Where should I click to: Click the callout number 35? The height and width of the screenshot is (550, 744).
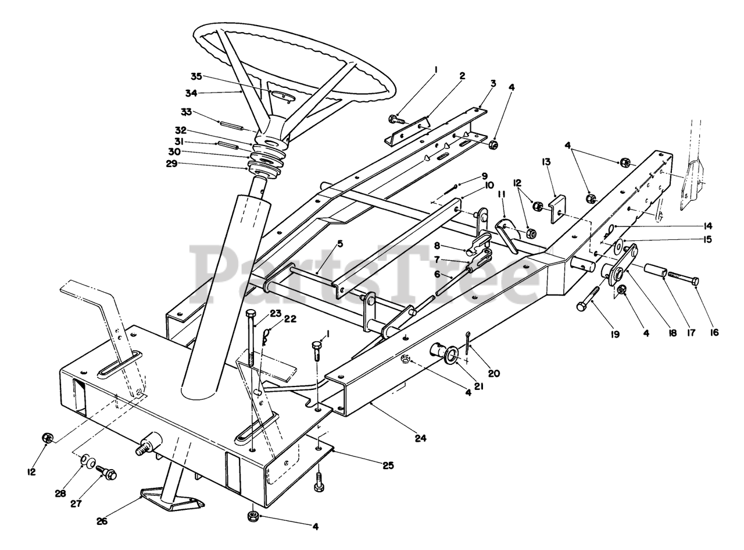coord(196,76)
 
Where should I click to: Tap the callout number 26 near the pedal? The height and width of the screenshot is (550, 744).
coord(102,521)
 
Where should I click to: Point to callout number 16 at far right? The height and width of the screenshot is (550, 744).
coord(714,332)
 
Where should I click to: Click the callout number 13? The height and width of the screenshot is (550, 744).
coord(546,161)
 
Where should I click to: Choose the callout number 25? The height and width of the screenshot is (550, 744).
coord(388,465)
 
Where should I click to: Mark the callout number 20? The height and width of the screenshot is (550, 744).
coord(493,373)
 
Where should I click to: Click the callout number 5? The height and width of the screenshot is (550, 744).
coord(340,243)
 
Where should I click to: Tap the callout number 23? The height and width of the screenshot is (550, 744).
coord(275,314)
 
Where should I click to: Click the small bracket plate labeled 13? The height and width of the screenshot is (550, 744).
coord(557,208)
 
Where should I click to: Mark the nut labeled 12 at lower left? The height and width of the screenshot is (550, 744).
coord(48,437)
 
